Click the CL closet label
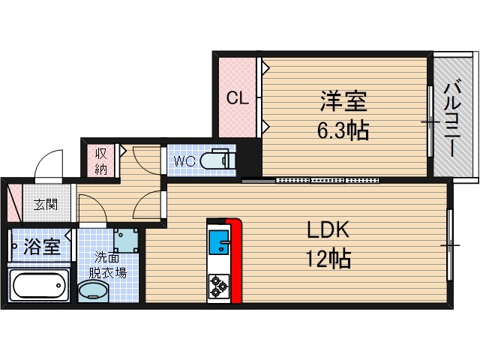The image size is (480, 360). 237,97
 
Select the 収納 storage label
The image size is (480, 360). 101,160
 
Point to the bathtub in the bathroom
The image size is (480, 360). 39,285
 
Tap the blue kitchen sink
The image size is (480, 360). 220,243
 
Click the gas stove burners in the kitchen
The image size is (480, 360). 220,284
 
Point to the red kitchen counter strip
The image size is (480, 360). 236,259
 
